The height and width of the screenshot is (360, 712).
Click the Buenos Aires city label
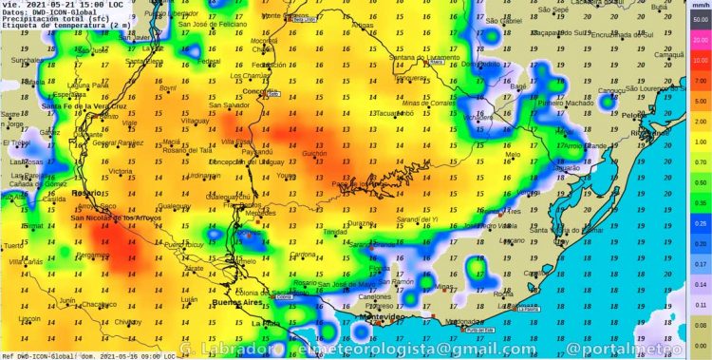pos(238,302)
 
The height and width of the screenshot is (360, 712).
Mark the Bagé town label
pos(519,86)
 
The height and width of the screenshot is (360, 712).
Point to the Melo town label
pos(513,154)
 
